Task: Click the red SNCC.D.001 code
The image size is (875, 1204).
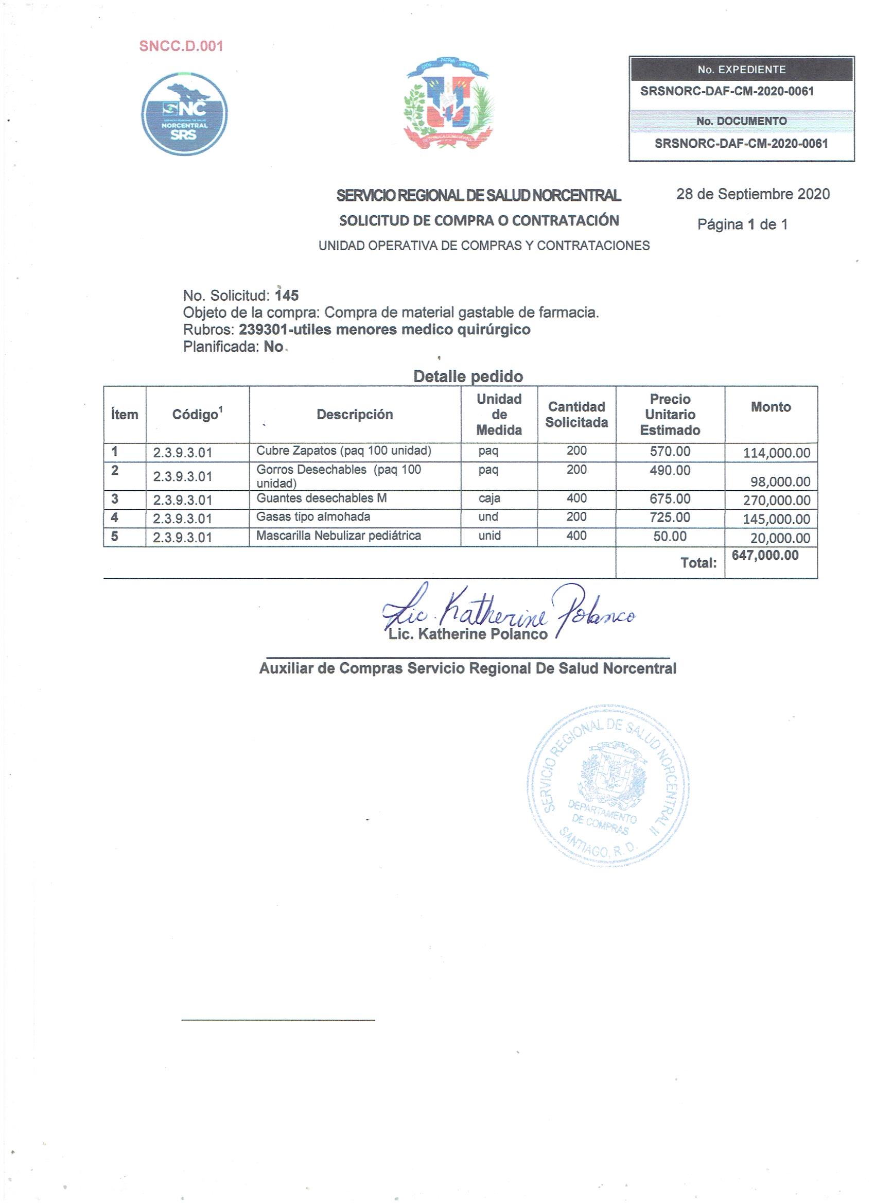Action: coord(181,46)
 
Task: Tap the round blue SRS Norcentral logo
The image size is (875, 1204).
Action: coord(184,114)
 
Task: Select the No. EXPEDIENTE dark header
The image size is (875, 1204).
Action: coord(741,70)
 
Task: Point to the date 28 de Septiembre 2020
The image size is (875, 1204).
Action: coord(752,194)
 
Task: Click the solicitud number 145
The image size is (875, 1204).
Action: coord(287,295)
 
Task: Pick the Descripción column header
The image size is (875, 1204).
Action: coord(355,415)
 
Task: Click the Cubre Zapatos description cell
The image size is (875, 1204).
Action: coord(343,451)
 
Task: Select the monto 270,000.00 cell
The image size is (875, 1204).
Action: coord(776,500)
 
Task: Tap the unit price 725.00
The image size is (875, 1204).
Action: coord(670,517)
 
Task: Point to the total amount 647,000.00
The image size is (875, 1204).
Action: coord(765,555)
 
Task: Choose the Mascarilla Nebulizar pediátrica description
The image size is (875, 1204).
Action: coord(339,536)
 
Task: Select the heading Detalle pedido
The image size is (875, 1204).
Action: coord(467,376)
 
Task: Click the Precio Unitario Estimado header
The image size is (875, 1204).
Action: coord(670,415)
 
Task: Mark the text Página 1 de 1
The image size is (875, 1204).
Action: coord(742,225)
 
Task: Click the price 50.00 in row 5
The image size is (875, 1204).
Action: coord(670,536)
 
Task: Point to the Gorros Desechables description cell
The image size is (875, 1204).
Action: coord(339,476)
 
